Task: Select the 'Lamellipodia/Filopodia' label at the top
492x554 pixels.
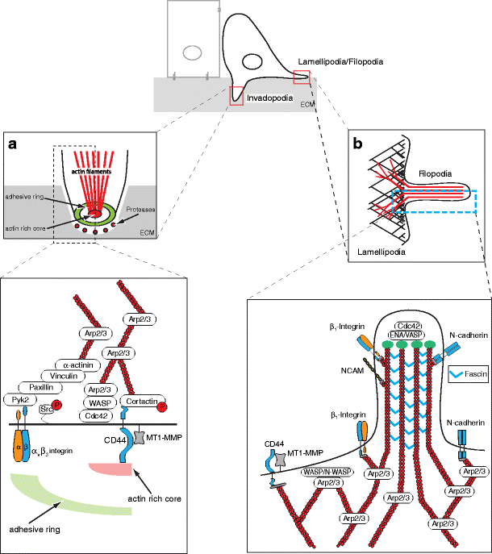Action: point(344,60)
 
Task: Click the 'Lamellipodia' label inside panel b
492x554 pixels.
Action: point(383,252)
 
